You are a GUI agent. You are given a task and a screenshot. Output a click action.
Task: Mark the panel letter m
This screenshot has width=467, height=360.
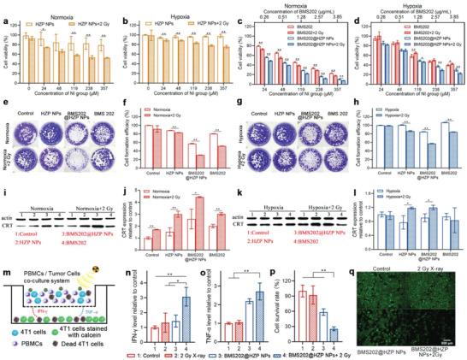[x=6, y=264]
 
